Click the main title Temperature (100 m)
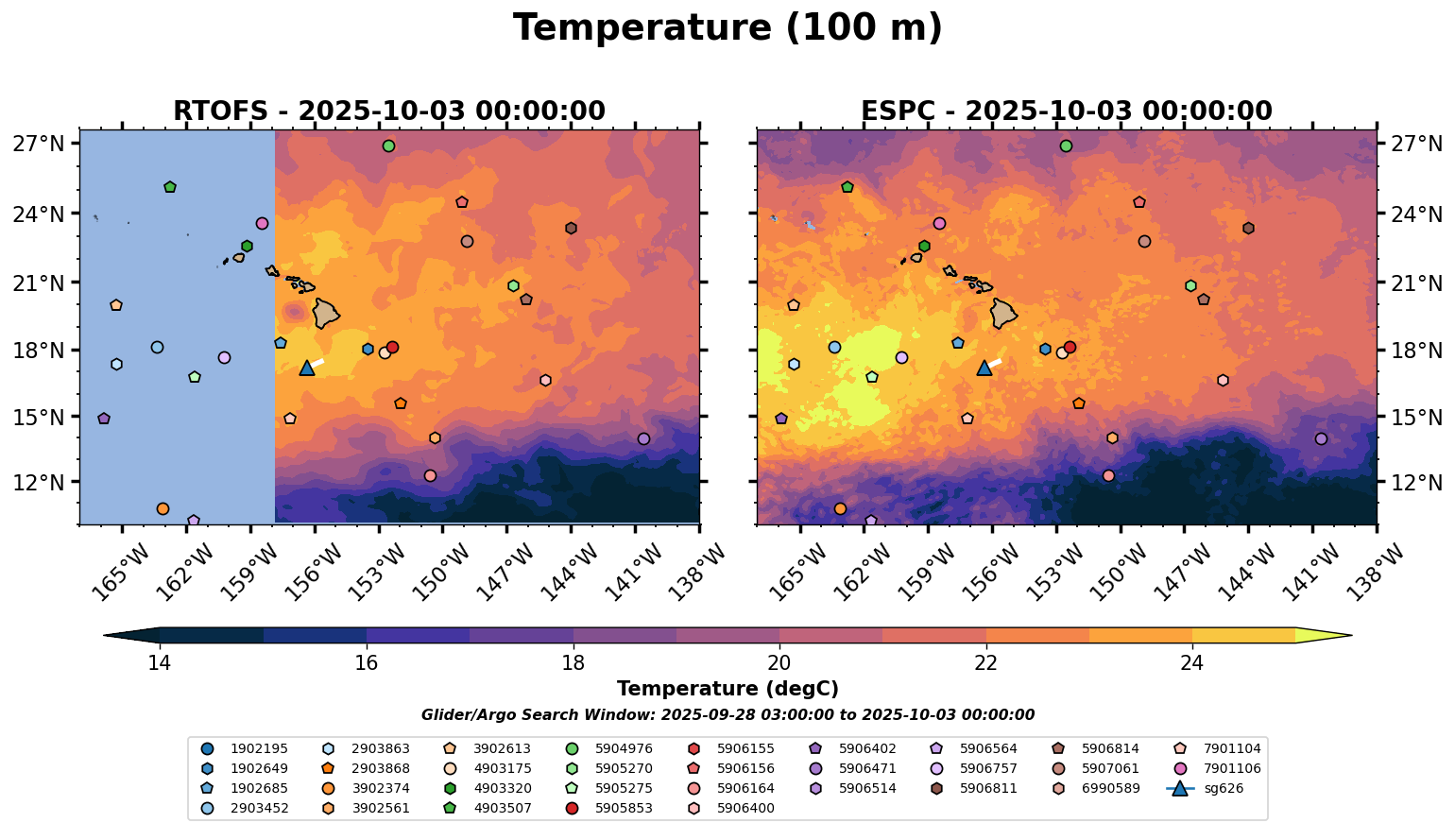[727, 28]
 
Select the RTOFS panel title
[388, 111]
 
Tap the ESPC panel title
[1066, 111]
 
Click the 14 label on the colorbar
[159, 663]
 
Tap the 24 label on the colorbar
[1191, 663]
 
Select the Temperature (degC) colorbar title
[727, 689]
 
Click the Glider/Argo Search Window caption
[727, 715]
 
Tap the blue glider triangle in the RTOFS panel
[307, 368]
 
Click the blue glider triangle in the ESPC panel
[984, 368]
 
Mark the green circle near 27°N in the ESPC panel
[1066, 146]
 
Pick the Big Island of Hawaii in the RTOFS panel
[326, 313]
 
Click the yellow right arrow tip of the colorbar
[1332, 635]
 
